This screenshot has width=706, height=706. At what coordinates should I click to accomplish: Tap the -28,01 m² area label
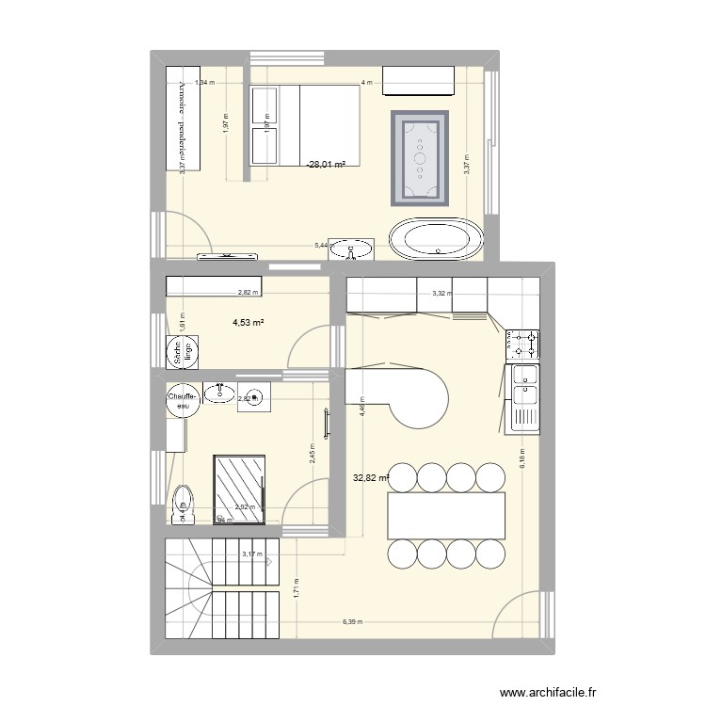(x=325, y=164)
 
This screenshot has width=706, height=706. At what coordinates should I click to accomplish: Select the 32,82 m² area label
(x=371, y=477)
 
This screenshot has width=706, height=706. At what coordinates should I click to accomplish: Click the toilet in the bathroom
(x=183, y=502)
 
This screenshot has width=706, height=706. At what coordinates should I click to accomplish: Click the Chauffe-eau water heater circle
(x=182, y=401)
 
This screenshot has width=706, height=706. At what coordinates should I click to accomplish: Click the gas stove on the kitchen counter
(x=523, y=345)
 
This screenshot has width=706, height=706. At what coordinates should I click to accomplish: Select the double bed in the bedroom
(x=305, y=124)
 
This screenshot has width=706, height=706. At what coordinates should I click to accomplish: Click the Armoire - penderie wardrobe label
(x=182, y=120)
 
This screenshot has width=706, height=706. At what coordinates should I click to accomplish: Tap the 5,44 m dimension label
(x=322, y=247)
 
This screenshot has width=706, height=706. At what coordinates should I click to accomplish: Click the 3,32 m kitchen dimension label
(x=441, y=294)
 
